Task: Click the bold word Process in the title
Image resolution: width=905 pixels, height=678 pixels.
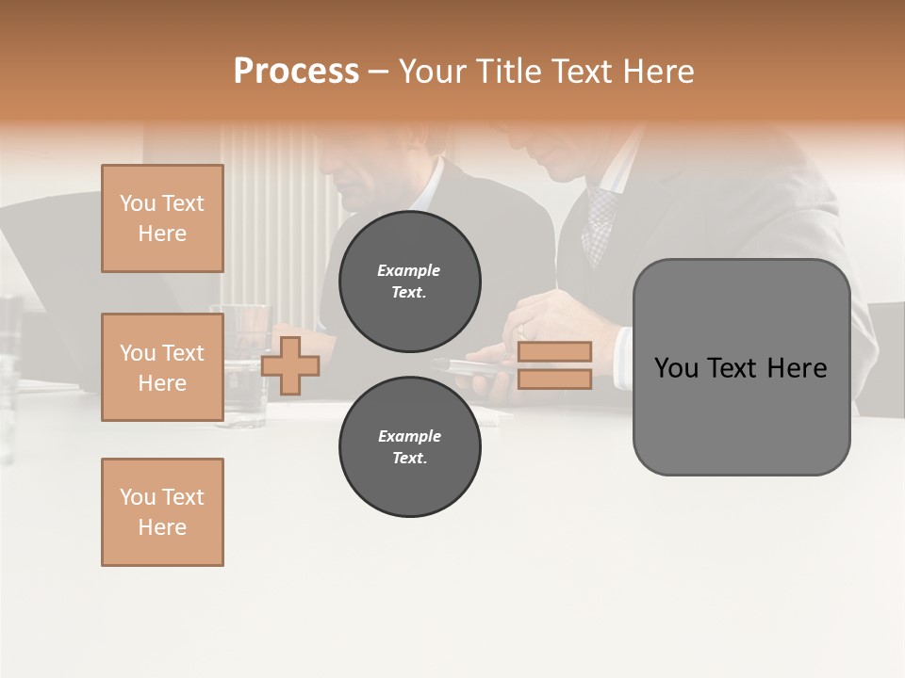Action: click(x=296, y=72)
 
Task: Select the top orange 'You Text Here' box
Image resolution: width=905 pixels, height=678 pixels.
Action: click(x=162, y=218)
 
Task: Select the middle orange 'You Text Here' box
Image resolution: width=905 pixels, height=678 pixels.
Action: click(x=162, y=367)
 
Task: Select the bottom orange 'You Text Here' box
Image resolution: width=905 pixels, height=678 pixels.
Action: click(x=162, y=512)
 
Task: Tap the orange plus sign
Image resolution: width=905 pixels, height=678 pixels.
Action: click(x=290, y=365)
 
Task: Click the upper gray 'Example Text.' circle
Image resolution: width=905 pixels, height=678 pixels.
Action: click(x=410, y=282)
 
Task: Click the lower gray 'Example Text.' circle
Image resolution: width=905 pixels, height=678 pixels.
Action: click(x=410, y=447)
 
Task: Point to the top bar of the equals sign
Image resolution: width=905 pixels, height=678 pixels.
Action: click(x=554, y=352)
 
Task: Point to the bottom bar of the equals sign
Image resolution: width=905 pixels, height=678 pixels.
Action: click(x=554, y=379)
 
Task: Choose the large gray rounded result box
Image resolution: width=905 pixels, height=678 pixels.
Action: click(x=741, y=367)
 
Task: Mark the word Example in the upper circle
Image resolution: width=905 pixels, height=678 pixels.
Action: click(x=409, y=270)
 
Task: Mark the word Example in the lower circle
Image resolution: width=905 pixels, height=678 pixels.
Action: click(x=409, y=436)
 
